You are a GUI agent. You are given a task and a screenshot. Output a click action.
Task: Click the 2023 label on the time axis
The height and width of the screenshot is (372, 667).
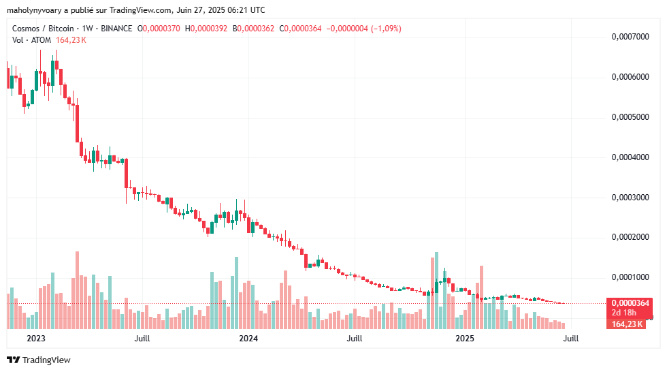[35, 338]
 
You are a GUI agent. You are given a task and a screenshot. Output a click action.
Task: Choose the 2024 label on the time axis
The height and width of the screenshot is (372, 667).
[248, 338]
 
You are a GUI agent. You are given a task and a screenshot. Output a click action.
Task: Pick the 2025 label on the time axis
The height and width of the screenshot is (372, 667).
[465, 338]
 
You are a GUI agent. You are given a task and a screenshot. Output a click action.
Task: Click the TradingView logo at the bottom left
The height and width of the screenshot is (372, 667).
[39, 360]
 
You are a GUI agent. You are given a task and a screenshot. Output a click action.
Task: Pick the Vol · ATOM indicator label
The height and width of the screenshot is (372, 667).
[32, 40]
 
